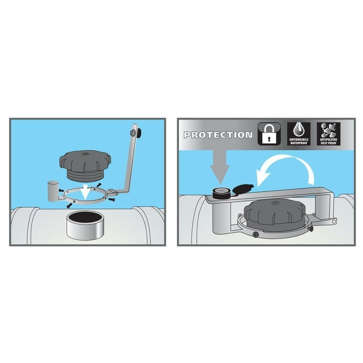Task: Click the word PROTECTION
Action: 218,135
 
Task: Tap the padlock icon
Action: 269,134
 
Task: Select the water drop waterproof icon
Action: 299,134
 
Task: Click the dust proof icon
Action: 329,134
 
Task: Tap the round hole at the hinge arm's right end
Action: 334,221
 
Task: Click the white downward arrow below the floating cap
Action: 86,191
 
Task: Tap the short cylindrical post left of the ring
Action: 53,191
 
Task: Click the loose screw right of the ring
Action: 112,199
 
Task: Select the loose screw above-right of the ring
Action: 99,185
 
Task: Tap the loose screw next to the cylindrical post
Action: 61,190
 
